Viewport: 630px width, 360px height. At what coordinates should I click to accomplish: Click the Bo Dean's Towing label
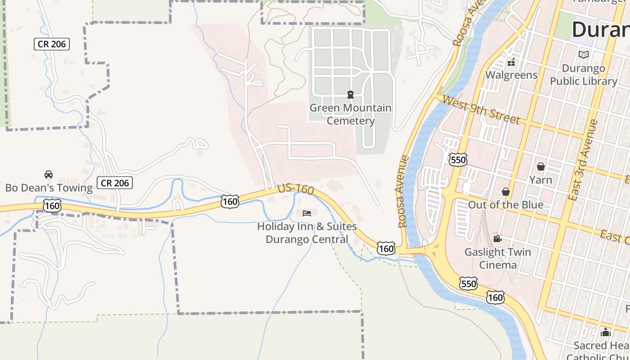pos(49,187)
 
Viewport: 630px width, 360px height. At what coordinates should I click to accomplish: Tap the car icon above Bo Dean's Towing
pos(49,175)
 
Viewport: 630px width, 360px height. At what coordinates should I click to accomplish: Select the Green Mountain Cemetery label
pos(351,114)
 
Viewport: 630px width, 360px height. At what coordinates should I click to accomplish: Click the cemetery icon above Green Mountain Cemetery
pos(351,94)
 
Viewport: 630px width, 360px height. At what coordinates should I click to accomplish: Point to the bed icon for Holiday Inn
pos(307,213)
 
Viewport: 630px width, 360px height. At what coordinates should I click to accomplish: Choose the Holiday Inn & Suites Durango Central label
pos(307,233)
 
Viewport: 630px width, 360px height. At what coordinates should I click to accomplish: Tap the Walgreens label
pos(511,75)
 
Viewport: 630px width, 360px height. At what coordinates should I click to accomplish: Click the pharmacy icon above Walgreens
pos(511,62)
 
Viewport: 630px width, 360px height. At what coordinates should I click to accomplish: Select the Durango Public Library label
pos(584,75)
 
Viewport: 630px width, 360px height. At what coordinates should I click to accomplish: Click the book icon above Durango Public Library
pos(584,54)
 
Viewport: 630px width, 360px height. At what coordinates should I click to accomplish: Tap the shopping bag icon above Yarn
pos(541,167)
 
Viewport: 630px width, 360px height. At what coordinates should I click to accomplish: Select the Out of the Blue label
pos(506,205)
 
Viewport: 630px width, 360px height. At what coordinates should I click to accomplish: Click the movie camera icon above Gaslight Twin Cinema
pos(497,239)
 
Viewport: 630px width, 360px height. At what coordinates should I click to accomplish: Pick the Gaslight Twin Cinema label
pos(498,258)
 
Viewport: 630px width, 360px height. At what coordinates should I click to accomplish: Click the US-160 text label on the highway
pos(296,189)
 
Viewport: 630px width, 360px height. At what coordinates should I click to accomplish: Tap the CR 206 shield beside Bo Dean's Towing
pos(115,183)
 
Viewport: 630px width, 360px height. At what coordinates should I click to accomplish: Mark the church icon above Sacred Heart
pos(606,333)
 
